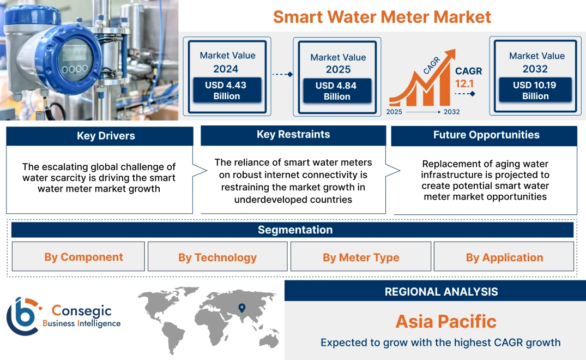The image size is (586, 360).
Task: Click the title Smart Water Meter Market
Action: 382,17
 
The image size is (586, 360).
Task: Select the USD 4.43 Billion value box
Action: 226,90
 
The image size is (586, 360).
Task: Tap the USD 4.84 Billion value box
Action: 337,91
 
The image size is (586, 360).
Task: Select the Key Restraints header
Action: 293,134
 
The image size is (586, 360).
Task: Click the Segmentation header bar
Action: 295,230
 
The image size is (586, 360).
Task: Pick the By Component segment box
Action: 83,257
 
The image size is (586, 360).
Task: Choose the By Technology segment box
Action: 217,257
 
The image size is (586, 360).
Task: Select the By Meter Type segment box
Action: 361,257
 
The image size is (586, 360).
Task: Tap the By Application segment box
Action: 504,257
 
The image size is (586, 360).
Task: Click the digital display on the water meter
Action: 75,53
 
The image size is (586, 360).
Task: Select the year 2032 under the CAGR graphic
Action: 451,112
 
